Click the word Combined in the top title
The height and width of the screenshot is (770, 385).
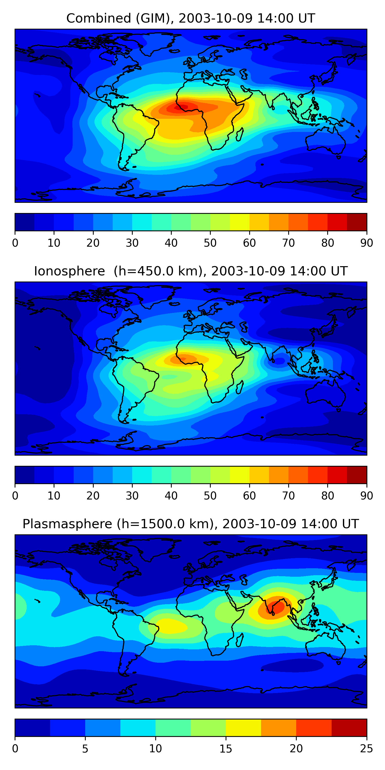pos(99,18)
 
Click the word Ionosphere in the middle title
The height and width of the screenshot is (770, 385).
pos(69,271)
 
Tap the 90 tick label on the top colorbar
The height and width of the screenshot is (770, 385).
pos(367,243)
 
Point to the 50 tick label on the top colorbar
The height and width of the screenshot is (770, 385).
pos(210,243)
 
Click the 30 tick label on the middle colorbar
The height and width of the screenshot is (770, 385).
pos(132,496)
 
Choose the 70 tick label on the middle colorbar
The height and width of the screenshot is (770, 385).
pos(288,496)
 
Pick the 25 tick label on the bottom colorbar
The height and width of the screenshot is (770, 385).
pos(367,748)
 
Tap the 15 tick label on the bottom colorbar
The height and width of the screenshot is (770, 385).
pos(226,748)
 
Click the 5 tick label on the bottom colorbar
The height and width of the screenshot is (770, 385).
pos(85,748)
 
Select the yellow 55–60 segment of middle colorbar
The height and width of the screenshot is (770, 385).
pos(240,475)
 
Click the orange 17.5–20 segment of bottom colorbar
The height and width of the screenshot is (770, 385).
pos(278,728)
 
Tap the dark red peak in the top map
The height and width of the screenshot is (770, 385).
pos(183,107)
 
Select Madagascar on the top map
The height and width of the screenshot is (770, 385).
pos(240,134)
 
